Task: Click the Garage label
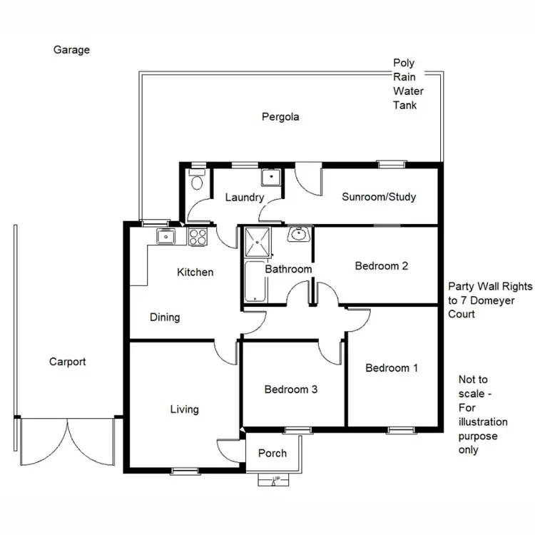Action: pyautogui.click(x=71, y=50)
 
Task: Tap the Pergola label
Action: pyautogui.click(x=280, y=117)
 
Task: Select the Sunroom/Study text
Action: pyautogui.click(x=378, y=197)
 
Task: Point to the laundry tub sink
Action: pyautogui.click(x=270, y=178)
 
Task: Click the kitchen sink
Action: pyautogui.click(x=165, y=236)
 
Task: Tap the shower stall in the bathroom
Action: pyautogui.click(x=258, y=242)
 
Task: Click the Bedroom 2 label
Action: pyautogui.click(x=382, y=266)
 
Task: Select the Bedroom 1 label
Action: pyautogui.click(x=392, y=368)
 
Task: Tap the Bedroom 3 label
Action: pyautogui.click(x=290, y=389)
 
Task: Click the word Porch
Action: pyautogui.click(x=272, y=453)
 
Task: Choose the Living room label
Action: pyautogui.click(x=184, y=409)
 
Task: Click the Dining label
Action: pyautogui.click(x=165, y=317)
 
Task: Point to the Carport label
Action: pyautogui.click(x=67, y=362)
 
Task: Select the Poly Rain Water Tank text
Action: pyautogui.click(x=409, y=84)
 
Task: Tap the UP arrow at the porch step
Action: pyautogui.click(x=274, y=479)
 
